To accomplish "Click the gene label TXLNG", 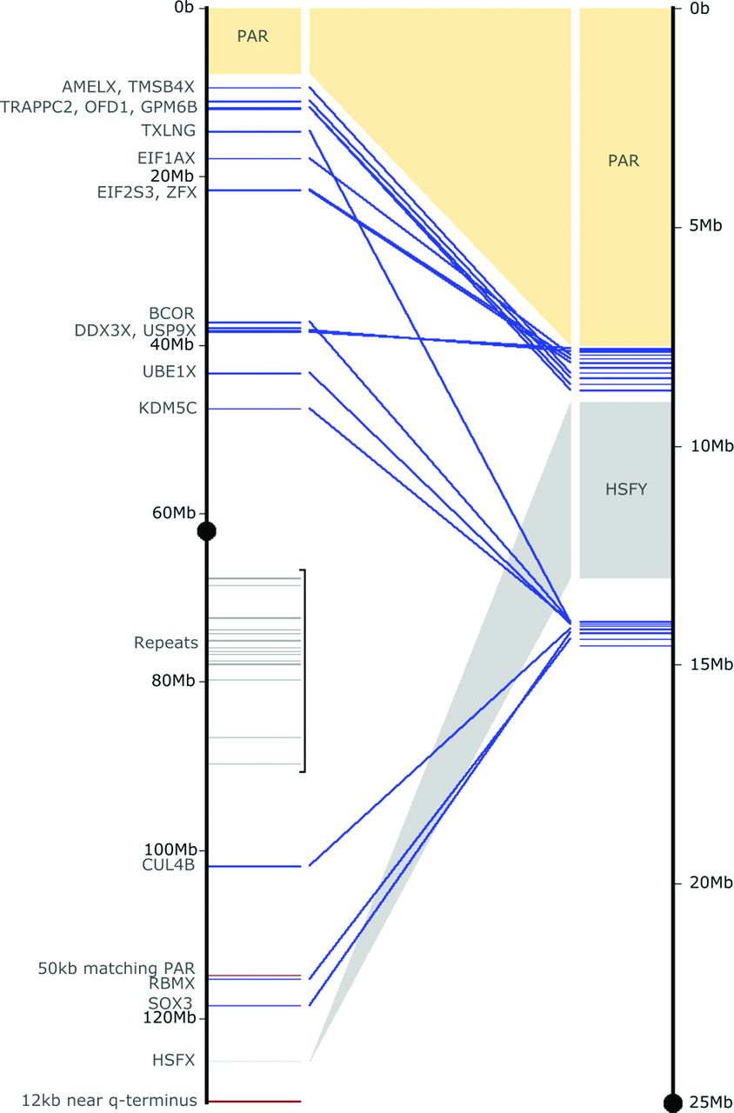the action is click(x=169, y=130).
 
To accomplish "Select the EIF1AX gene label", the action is click(x=166, y=158).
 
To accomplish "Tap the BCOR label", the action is click(x=172, y=314).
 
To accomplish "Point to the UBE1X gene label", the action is click(x=170, y=371).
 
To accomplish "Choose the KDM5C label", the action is click(x=168, y=409).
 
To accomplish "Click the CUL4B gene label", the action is click(x=169, y=865).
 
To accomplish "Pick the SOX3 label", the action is click(x=170, y=1003).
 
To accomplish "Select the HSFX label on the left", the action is click(x=174, y=1060).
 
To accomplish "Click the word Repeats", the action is click(x=166, y=643).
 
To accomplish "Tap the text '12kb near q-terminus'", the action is click(x=110, y=1100).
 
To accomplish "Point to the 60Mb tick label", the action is click(x=174, y=513).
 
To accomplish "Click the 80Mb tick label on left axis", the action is click(x=173, y=681).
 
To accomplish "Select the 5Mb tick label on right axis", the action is click(x=705, y=226).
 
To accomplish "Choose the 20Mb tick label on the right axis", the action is click(x=711, y=883).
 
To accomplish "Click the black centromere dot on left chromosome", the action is click(x=207, y=531).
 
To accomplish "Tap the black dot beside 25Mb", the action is click(x=673, y=1103).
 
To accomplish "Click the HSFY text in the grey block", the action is click(x=626, y=490).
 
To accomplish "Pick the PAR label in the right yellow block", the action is click(x=624, y=161).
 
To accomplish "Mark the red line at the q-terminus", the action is click(x=254, y=1101).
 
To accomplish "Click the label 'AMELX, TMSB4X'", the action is click(x=128, y=87).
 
